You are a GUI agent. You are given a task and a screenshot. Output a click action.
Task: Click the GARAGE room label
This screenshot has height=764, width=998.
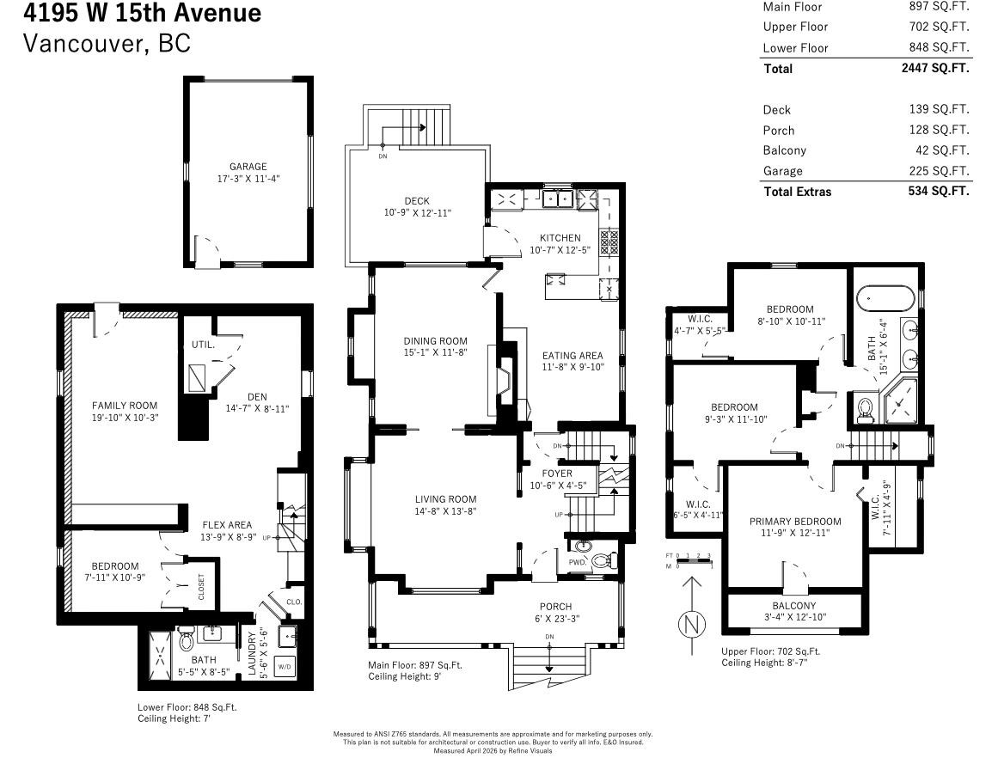click(x=248, y=167)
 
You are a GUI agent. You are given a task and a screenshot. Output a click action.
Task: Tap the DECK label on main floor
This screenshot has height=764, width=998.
click(x=417, y=201)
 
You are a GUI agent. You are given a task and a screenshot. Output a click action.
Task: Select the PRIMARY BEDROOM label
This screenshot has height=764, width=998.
click(x=795, y=522)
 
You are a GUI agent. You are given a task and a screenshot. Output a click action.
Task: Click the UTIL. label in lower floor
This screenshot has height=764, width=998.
click(x=203, y=345)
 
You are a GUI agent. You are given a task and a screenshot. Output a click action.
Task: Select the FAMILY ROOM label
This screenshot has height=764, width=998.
click(x=126, y=405)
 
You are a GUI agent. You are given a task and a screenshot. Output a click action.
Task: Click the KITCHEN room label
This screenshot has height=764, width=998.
click(x=560, y=238)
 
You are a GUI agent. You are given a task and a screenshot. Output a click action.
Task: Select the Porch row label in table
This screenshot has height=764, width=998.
click(x=779, y=131)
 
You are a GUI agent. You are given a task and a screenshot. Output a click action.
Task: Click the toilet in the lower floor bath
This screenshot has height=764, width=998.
click(x=186, y=641)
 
